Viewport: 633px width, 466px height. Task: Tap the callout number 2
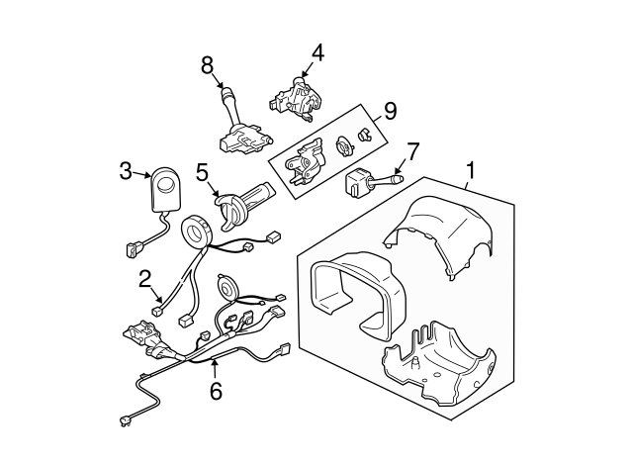click(x=143, y=279)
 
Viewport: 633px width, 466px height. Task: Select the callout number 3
click(x=126, y=171)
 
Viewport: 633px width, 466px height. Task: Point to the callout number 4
click(x=316, y=52)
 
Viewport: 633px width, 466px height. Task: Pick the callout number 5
click(x=202, y=172)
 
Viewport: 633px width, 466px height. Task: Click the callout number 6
click(x=216, y=390)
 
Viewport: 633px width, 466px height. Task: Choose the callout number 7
click(x=412, y=150)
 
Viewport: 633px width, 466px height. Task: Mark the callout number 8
click(x=207, y=64)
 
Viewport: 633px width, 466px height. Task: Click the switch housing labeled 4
click(x=296, y=99)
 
